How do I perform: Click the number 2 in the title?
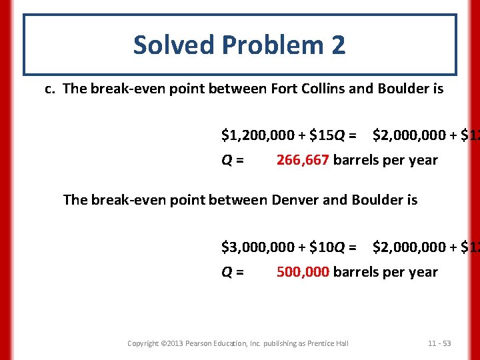(x=337, y=45)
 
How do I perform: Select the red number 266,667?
(x=303, y=160)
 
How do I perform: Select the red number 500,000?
(x=303, y=272)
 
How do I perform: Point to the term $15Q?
(x=327, y=137)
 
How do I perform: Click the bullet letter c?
(x=49, y=89)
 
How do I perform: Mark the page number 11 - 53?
(x=439, y=343)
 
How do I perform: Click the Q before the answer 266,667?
(x=228, y=161)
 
